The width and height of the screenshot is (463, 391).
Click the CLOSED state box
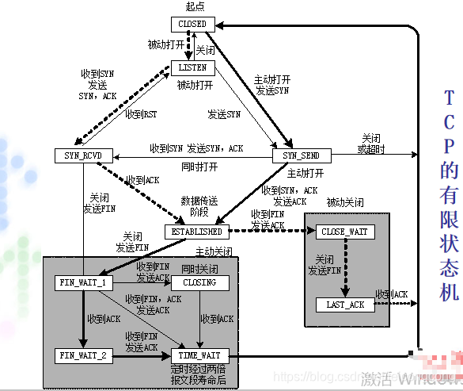[193, 24]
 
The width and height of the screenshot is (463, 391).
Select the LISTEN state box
[192, 68]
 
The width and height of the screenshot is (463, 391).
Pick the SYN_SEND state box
[301, 155]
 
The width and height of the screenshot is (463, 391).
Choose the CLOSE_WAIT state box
[345, 232]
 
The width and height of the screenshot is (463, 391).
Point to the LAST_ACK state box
[345, 305]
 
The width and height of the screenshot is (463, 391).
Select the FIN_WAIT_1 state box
[82, 282]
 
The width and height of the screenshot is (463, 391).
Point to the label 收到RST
[141, 115]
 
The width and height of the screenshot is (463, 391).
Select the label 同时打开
[199, 167]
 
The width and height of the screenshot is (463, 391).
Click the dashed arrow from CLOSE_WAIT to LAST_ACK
[347, 268]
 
